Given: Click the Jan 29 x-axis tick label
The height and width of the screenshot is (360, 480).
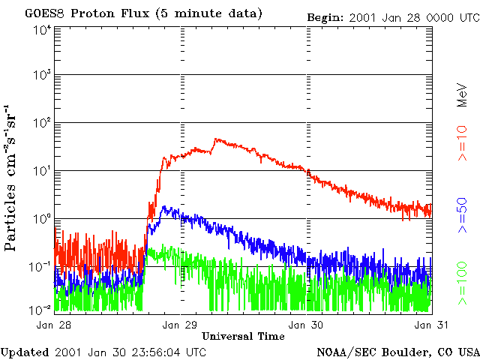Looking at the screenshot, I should point(181,324).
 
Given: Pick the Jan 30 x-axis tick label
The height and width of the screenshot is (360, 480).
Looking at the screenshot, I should point(307,324).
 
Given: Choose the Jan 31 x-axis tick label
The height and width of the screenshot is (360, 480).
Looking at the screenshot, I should point(422,324).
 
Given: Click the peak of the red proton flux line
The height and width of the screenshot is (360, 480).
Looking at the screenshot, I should point(216,139).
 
